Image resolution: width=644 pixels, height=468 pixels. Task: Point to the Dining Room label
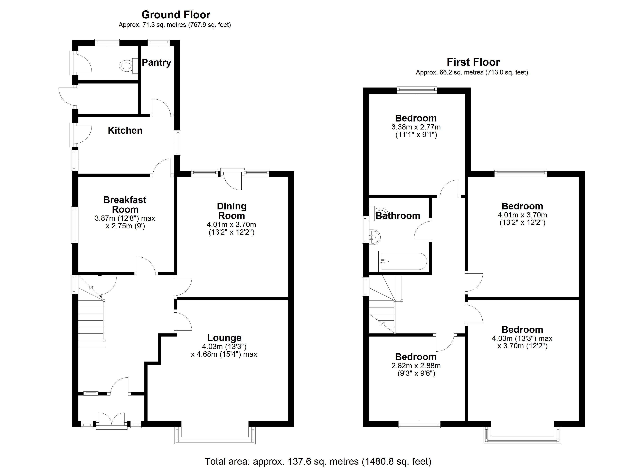tap(231, 211)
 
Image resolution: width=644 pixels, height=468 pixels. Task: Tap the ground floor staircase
tap(91, 326)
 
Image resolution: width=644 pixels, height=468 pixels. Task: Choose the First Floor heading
tap(473, 62)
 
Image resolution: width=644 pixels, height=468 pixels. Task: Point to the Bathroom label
tap(398, 216)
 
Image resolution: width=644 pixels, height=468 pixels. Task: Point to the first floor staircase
tap(382, 309)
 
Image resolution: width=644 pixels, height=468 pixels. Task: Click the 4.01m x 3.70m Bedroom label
tap(522, 206)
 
